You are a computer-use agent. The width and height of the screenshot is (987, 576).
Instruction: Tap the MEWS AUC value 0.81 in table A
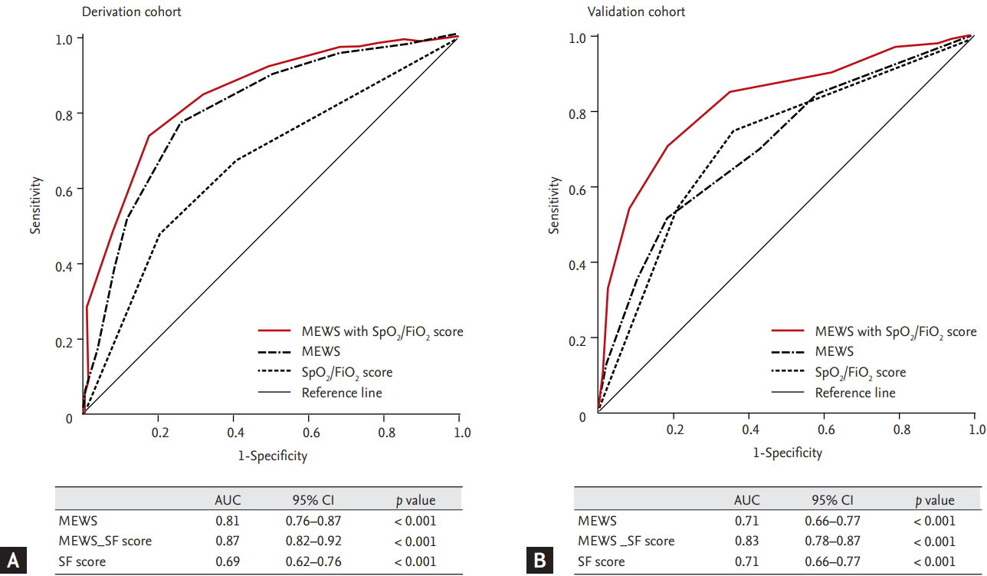click(x=227, y=521)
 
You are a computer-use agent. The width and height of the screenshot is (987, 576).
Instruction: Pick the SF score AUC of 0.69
click(x=227, y=561)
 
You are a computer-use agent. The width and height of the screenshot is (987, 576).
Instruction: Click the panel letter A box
click(x=14, y=561)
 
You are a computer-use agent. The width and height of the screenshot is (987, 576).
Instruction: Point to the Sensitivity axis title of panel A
click(x=35, y=205)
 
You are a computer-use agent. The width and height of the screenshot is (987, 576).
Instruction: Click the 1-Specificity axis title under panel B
click(x=787, y=453)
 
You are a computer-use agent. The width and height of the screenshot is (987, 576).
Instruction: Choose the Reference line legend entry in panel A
click(x=342, y=393)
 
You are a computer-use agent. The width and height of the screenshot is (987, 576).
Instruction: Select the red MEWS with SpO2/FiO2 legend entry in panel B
click(x=874, y=331)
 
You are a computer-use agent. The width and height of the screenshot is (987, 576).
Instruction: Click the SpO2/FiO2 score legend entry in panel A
click(x=347, y=373)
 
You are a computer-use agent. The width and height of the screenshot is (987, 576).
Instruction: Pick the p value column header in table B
click(x=935, y=500)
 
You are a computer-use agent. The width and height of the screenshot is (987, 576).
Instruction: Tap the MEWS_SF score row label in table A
click(x=105, y=541)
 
